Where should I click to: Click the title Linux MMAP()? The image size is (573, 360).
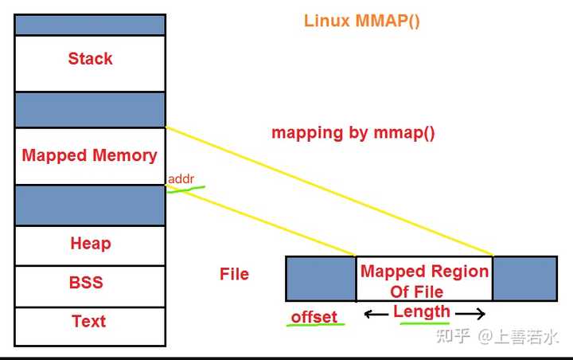[x=361, y=21]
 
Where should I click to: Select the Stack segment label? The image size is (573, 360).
[x=90, y=59]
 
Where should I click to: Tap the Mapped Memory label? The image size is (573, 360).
[x=89, y=155]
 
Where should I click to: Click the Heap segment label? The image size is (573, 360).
[x=90, y=244]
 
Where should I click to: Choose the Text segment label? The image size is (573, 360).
[x=88, y=321]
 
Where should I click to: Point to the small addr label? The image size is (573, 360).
[x=181, y=179]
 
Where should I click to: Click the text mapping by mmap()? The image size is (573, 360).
[x=353, y=133]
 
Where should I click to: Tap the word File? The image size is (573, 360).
[x=234, y=274]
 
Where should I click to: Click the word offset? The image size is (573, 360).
[x=314, y=316]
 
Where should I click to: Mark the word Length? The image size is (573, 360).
[x=422, y=311]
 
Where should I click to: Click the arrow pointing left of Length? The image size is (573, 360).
[x=376, y=314]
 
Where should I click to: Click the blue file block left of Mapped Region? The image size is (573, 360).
[x=321, y=278]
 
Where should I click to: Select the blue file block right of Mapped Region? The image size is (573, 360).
[x=524, y=278]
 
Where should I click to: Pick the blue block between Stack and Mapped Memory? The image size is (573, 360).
[x=90, y=110]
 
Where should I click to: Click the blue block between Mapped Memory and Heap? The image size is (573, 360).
[x=90, y=205]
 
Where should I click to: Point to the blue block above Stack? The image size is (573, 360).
[x=90, y=25]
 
